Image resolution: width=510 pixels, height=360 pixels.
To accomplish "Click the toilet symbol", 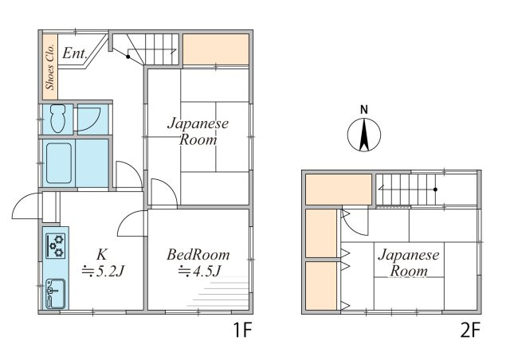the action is pos(58,119).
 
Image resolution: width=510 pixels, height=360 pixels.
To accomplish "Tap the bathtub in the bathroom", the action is pos(59,163).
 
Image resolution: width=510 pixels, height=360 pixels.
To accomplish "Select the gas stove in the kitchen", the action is pos(55,246).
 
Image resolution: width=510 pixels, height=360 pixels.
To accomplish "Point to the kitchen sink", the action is pos(55,294).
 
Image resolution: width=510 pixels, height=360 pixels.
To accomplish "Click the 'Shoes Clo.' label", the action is pos(50,67).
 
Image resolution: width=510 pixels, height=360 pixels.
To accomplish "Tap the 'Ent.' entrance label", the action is pos(74,53).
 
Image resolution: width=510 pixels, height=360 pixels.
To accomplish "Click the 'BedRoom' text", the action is pos(198,255).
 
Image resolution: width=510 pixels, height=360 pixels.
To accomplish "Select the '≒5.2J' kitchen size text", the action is pos(103,271).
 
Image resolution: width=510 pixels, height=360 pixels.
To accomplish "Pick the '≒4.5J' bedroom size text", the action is pos(200,271).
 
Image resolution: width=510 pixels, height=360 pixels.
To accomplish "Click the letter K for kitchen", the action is pos(101,255).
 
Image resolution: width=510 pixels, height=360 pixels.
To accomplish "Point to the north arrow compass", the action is pos(364,135).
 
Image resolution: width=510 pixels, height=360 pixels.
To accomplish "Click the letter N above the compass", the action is pos(364,110).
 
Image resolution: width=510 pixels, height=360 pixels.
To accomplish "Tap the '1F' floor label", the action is pos(242,331).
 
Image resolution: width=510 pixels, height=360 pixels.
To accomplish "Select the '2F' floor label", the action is pos(470,331).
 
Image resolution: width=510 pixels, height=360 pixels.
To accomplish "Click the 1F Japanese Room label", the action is pos(198,131).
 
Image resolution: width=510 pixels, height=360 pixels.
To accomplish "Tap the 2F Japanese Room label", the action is pos(409,263).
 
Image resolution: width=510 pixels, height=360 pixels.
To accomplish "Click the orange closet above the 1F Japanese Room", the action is pos(216,49).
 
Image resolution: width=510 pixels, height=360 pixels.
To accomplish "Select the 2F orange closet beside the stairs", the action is pos(339,190).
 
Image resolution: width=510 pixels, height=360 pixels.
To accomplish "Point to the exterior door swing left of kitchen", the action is pos(27,205).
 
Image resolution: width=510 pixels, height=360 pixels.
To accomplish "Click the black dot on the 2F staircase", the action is pos(436,190).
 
